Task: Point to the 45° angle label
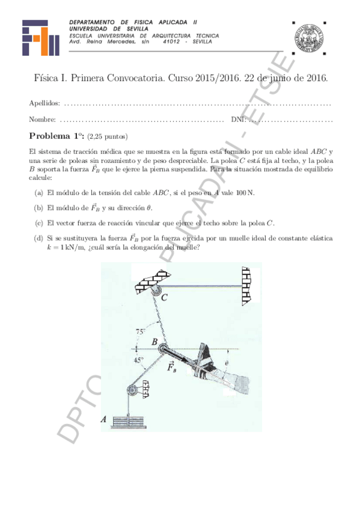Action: point(139,360)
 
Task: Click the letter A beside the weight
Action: point(103,420)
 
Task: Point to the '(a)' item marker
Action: point(39,192)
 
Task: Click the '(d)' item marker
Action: point(39,239)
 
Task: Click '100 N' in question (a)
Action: point(245,192)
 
